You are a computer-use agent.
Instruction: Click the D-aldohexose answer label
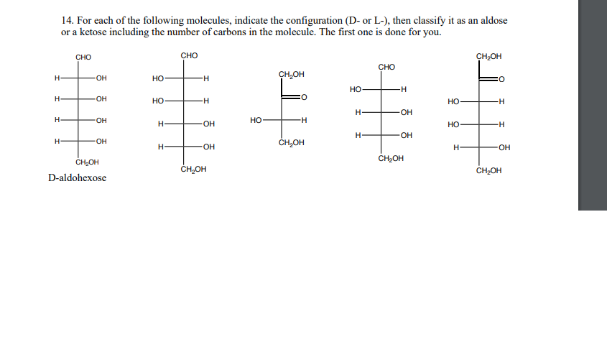coord(77,177)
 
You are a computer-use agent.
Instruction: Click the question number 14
coord(67,20)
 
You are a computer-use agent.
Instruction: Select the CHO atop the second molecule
coord(189,55)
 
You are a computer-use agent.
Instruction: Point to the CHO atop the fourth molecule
coord(386,68)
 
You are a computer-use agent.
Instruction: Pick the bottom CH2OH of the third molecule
coord(291,142)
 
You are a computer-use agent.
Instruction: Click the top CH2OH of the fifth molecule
coord(488,56)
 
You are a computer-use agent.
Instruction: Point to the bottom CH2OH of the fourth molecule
coord(390,158)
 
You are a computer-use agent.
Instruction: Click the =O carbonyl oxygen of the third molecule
coord(304,96)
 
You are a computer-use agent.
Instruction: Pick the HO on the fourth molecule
coord(356,89)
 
